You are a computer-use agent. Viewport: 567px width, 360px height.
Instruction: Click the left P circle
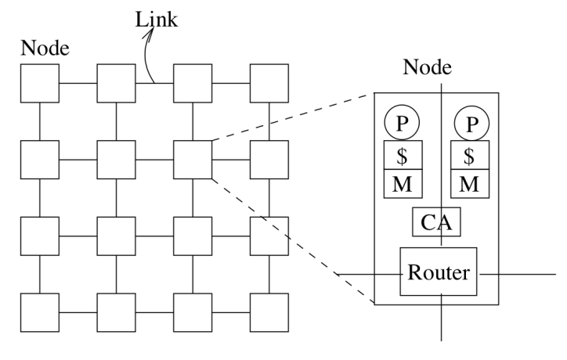click(402, 123)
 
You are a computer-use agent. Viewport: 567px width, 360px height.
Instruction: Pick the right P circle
click(470, 123)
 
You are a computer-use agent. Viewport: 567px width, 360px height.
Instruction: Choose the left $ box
click(402, 155)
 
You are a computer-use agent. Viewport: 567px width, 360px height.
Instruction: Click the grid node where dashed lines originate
click(193, 159)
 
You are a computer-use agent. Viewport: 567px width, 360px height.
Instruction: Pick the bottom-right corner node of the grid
click(269, 311)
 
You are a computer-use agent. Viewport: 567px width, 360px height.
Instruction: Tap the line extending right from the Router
click(517, 274)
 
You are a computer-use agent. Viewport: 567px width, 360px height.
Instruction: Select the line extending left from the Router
click(368, 274)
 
